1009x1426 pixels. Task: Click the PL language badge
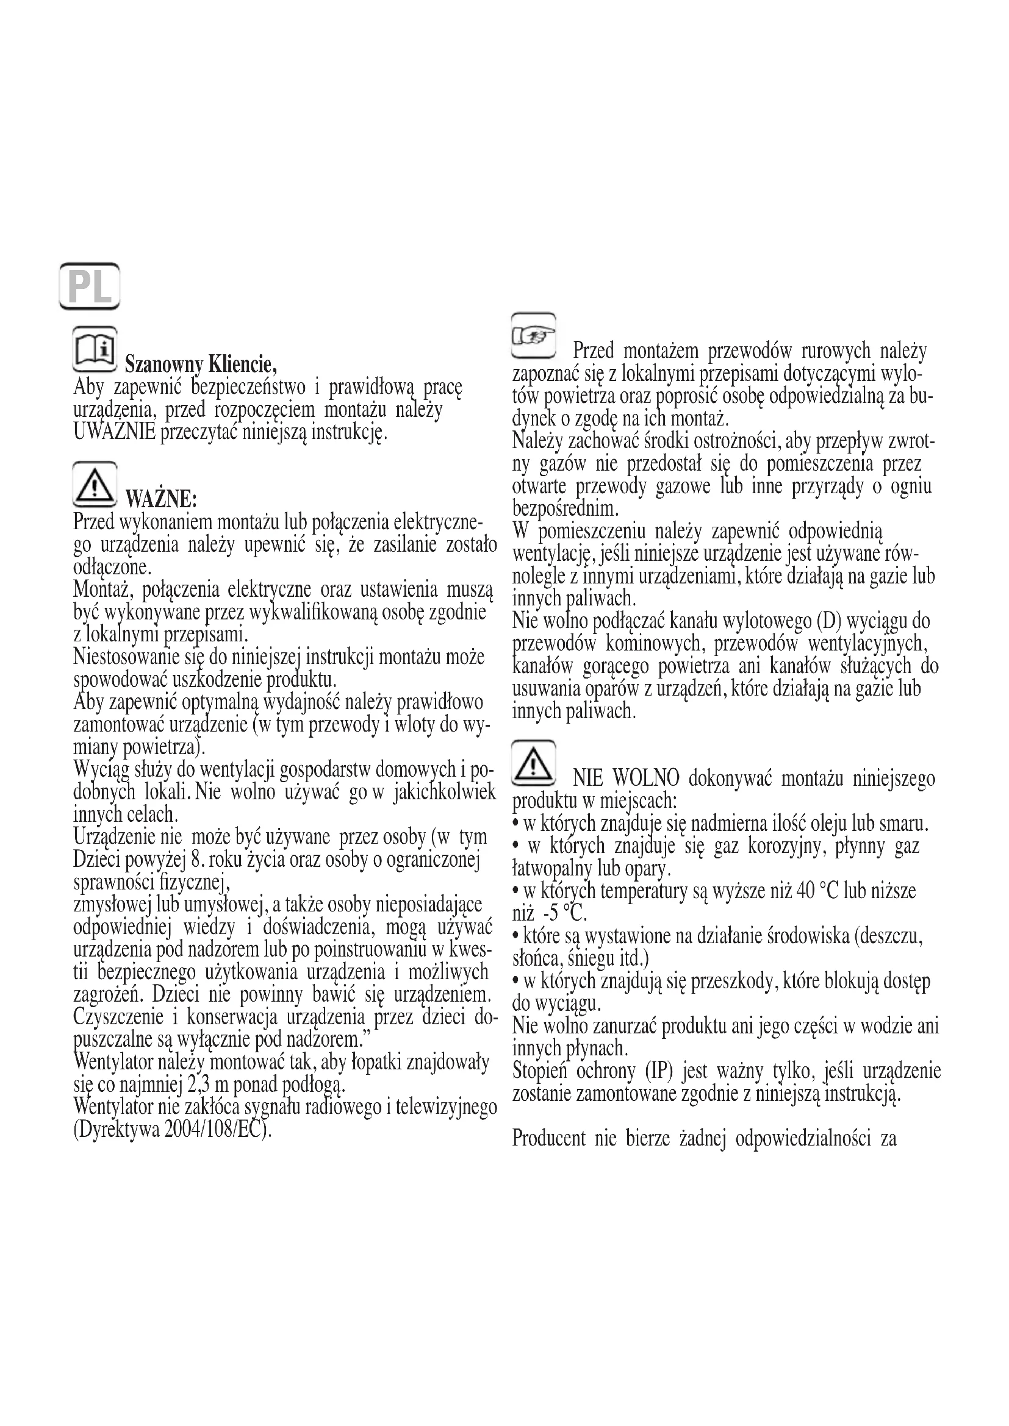[x=90, y=287]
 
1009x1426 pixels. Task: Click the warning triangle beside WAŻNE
[x=95, y=485]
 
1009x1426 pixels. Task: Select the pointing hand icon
[x=533, y=336]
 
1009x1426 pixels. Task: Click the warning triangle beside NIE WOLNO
[x=533, y=763]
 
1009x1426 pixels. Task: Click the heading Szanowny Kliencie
[x=201, y=362]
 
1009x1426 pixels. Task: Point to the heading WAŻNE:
[x=162, y=498]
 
